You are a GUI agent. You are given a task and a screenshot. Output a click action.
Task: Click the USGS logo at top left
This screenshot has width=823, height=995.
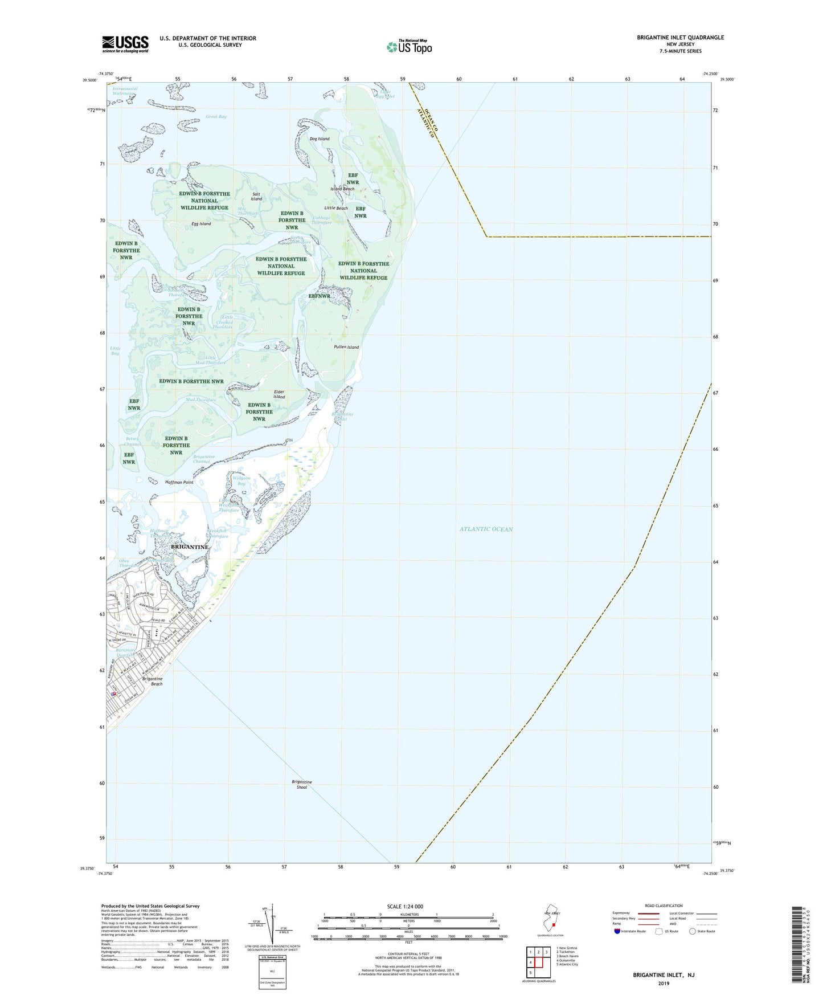pyautogui.click(x=125, y=44)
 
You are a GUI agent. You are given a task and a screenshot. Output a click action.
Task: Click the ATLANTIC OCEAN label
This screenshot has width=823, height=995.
pyautogui.click(x=486, y=529)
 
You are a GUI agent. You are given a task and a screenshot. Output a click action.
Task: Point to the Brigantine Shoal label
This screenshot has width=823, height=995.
pyautogui.click(x=301, y=784)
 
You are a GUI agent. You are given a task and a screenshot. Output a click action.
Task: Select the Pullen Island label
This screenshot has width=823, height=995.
pyautogui.click(x=346, y=347)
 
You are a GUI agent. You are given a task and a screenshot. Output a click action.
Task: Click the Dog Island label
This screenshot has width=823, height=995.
pyautogui.click(x=320, y=139)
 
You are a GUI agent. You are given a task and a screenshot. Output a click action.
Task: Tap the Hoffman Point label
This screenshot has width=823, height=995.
pyautogui.click(x=179, y=482)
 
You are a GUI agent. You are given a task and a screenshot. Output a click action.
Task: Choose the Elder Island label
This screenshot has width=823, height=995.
pyautogui.click(x=279, y=394)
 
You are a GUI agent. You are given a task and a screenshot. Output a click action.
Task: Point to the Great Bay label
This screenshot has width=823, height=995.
pyautogui.click(x=216, y=117)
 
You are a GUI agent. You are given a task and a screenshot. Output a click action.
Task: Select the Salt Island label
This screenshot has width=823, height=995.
pyautogui.click(x=257, y=196)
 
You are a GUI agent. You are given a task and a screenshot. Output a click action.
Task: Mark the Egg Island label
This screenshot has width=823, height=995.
pyautogui.click(x=201, y=224)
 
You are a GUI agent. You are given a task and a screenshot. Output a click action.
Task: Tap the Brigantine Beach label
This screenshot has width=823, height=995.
pyautogui.click(x=152, y=681)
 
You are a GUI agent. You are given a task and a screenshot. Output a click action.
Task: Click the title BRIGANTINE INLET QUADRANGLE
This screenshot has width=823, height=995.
pyautogui.click(x=680, y=38)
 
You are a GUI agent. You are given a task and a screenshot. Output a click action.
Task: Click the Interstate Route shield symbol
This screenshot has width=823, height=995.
pyautogui.click(x=617, y=932)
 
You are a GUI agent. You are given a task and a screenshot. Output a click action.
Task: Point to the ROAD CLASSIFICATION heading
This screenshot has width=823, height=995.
pyautogui.click(x=664, y=906)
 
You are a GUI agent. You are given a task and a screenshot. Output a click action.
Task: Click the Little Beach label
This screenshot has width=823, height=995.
pyautogui.click(x=336, y=209)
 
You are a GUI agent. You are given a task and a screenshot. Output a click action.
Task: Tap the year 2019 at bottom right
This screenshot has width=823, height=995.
pyautogui.click(x=664, y=983)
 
